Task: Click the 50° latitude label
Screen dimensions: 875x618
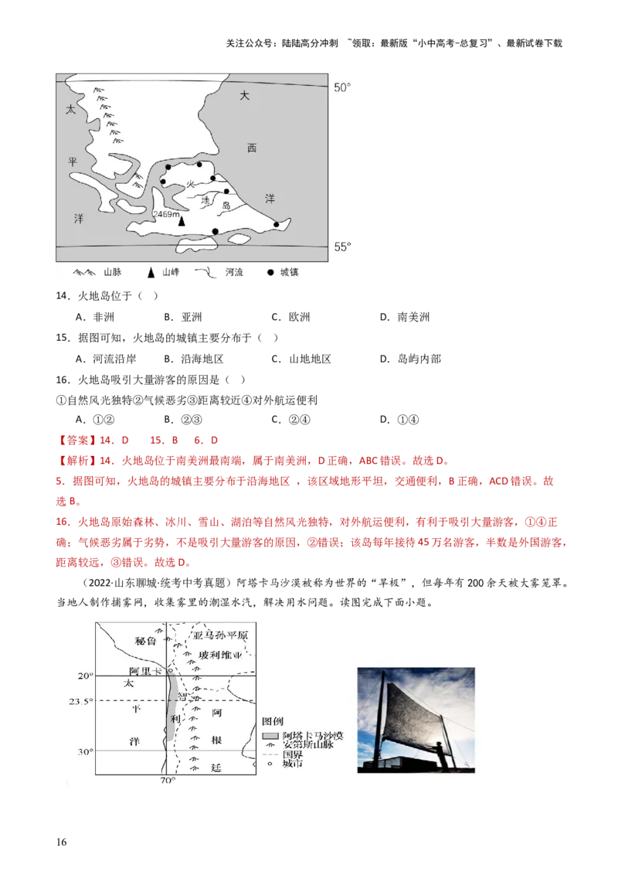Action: tap(341, 88)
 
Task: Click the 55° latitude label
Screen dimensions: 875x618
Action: tap(341, 247)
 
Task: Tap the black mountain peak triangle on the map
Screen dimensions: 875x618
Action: tap(182, 221)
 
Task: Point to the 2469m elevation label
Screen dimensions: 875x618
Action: tap(167, 213)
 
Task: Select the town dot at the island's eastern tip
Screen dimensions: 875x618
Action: tap(276, 225)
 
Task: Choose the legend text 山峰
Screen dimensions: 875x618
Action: tap(170, 273)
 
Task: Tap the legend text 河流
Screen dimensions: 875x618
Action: tap(233, 273)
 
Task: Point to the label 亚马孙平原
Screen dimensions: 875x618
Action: tap(222, 636)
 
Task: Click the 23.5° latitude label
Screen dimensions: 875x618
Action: tap(81, 701)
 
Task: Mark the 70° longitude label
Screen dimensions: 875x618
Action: tap(168, 781)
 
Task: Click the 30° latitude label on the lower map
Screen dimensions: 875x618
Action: tap(83, 751)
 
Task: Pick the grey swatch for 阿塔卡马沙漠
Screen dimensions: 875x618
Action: tap(270, 734)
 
